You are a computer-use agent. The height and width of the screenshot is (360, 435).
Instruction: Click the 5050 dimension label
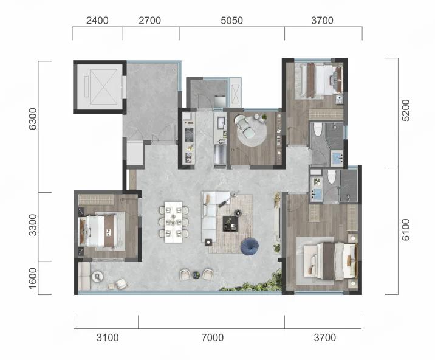click(x=231, y=21)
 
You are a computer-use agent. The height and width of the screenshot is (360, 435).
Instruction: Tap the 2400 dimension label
click(x=97, y=21)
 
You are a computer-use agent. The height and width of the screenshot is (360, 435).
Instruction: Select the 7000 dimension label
click(x=213, y=337)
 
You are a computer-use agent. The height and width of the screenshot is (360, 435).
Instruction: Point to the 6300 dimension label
click(x=32, y=119)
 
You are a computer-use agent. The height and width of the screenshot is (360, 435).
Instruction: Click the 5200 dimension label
click(x=405, y=110)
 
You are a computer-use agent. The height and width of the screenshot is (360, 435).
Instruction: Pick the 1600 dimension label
click(x=32, y=278)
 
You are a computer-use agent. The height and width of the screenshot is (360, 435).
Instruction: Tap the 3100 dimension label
click(x=108, y=337)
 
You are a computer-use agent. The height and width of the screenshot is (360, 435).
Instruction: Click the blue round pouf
click(x=250, y=246)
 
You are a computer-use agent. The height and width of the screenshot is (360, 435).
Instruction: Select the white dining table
click(x=174, y=222)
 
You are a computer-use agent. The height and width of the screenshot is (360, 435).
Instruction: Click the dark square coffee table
click(x=230, y=224)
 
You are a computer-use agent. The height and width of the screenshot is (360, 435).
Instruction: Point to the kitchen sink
click(x=221, y=123)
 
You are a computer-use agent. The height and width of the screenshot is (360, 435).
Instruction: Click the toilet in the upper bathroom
click(x=318, y=130)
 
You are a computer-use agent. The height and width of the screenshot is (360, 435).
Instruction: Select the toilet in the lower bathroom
click(x=331, y=177)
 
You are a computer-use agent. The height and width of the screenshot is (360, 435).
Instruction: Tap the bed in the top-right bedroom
click(x=323, y=80)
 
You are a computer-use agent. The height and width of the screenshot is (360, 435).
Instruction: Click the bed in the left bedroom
click(x=100, y=232)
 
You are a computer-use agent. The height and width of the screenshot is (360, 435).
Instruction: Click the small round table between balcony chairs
click(x=196, y=275)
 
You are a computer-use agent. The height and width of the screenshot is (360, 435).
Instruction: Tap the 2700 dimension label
click(x=150, y=21)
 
